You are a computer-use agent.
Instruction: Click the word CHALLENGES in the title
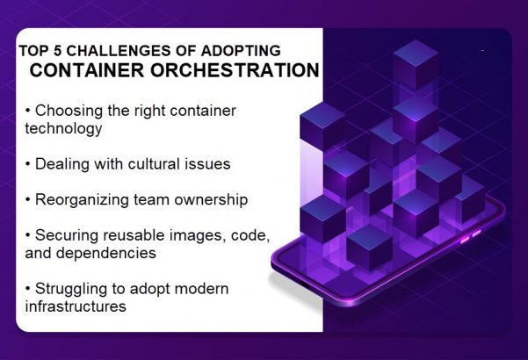click(x=112, y=51)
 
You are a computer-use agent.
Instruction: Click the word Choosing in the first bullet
click(x=67, y=112)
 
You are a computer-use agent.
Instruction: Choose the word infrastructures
click(x=76, y=306)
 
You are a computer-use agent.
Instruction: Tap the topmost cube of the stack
click(x=416, y=61)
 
